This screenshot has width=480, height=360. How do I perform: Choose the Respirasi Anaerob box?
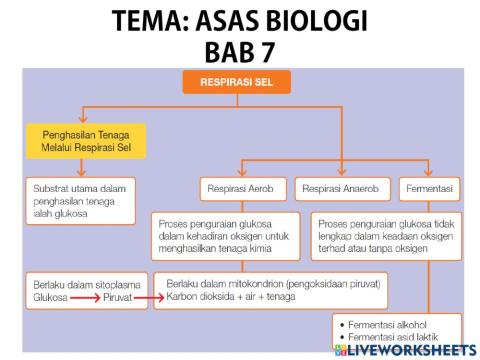click(x=341, y=188)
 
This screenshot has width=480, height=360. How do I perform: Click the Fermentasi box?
click(x=430, y=188)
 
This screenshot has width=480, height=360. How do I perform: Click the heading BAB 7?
click(x=240, y=50)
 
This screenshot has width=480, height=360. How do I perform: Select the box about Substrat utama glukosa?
click(x=79, y=194)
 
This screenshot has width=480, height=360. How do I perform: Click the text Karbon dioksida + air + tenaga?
click(x=233, y=296)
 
